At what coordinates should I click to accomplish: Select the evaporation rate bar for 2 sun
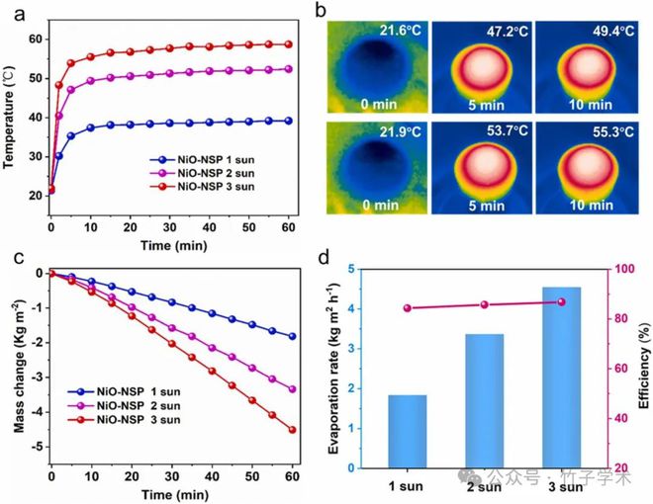[x=484, y=400]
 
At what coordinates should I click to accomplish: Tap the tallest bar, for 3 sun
[x=561, y=377]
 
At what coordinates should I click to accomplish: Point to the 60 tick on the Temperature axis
[x=36, y=39]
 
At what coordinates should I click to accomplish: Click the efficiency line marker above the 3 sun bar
[x=561, y=301]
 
